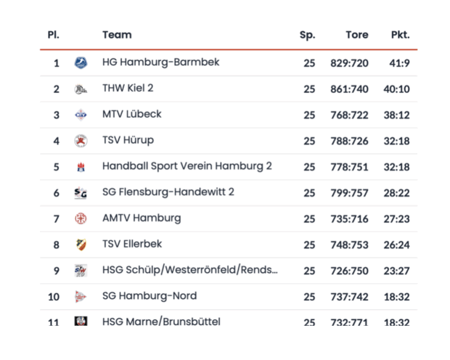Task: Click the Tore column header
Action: click(x=356, y=35)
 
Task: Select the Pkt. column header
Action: click(x=400, y=35)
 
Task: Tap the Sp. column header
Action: click(x=307, y=35)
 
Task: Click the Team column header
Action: click(x=117, y=35)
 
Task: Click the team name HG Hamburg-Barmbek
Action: click(x=160, y=62)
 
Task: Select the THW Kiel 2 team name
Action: click(x=128, y=89)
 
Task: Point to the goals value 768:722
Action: click(x=349, y=115)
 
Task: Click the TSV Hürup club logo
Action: click(x=81, y=141)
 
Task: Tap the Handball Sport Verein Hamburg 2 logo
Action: click(x=81, y=167)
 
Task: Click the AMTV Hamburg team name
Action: click(x=142, y=218)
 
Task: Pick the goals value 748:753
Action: click(x=349, y=245)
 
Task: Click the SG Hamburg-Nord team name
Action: click(x=150, y=296)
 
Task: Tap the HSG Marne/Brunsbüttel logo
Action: click(x=81, y=322)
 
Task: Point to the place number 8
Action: click(x=56, y=245)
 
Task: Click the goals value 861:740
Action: click(x=349, y=89)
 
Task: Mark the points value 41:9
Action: click(x=399, y=63)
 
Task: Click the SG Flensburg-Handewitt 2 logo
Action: click(x=81, y=193)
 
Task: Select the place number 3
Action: click(x=56, y=115)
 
